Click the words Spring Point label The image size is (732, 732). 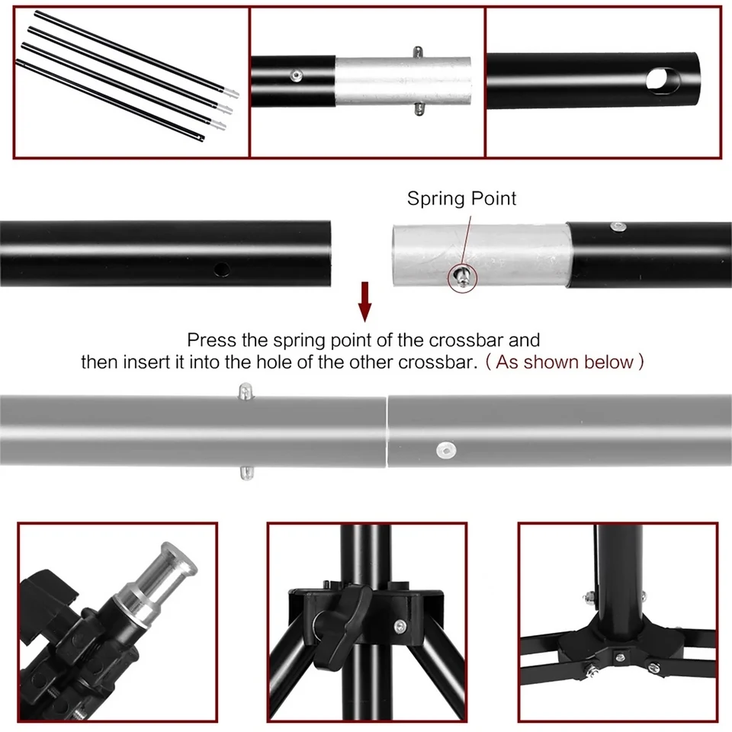(x=461, y=199)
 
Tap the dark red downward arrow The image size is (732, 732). (x=365, y=302)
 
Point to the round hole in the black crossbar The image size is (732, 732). (x=221, y=269)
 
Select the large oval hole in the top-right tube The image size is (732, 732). (x=663, y=81)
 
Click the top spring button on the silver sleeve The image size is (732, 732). (x=419, y=52)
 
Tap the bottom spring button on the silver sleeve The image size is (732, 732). (x=419, y=109)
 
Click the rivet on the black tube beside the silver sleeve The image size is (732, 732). (x=296, y=75)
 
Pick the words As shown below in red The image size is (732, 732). (x=564, y=362)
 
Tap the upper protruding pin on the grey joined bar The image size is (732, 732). (x=246, y=391)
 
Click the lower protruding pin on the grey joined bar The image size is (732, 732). (x=246, y=473)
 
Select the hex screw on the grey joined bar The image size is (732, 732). (x=446, y=450)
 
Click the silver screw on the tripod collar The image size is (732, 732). (x=400, y=627)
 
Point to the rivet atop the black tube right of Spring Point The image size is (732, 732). (x=618, y=226)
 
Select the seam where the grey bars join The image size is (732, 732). (x=387, y=432)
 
